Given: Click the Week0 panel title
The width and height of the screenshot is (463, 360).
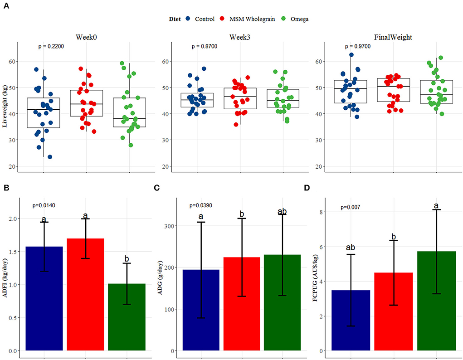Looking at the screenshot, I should [x=87, y=38].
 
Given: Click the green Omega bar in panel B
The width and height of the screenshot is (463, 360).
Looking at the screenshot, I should [x=127, y=317].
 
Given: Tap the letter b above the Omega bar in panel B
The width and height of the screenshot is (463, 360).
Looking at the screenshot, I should [x=127, y=259].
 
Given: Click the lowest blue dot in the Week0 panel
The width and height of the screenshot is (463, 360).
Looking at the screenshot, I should [x=49, y=157].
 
